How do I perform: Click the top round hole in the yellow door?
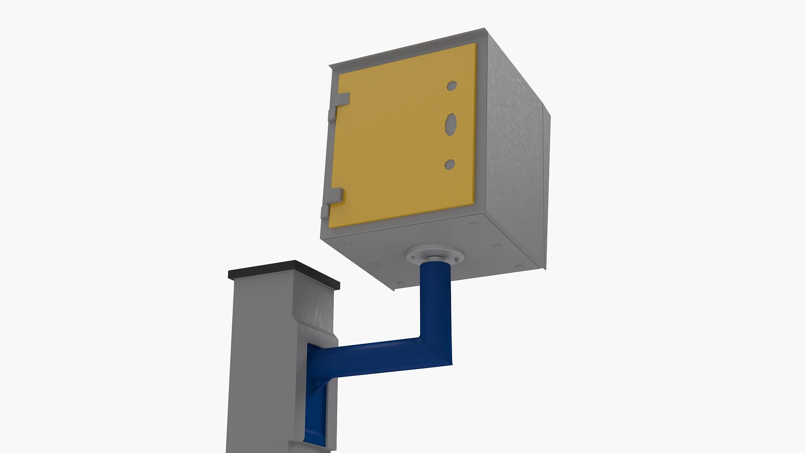coord(452,86)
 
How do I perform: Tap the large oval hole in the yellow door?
coord(451,124)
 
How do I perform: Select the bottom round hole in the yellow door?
coord(449,164)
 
